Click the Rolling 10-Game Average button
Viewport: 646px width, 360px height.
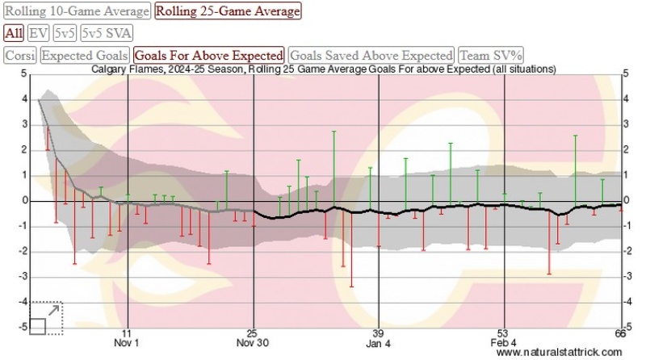[77, 11]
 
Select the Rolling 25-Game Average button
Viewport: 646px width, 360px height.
[227, 11]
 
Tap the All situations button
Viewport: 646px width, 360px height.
[13, 33]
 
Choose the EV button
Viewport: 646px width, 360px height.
[38, 33]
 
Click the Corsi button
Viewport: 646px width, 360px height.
[19, 56]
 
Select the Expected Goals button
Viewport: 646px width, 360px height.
[85, 56]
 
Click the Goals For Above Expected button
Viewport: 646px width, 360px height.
[209, 56]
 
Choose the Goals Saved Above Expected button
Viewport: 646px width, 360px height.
[371, 56]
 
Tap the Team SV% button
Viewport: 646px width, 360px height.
[491, 56]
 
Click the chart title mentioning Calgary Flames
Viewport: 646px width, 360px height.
[323, 69]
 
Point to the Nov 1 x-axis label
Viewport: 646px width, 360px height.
[126, 343]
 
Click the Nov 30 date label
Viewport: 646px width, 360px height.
[252, 343]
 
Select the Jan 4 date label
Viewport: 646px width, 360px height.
[377, 343]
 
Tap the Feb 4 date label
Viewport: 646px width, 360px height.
[502, 343]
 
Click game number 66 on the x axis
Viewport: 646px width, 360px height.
[620, 333]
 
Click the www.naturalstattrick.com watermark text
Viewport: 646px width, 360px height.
[560, 354]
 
